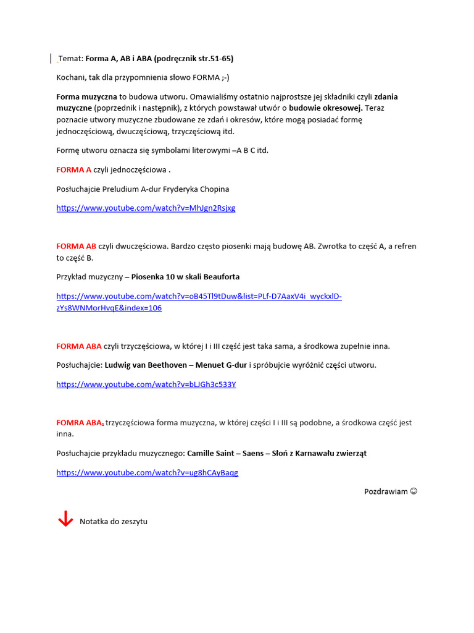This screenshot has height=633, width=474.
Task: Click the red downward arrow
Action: [x=65, y=519]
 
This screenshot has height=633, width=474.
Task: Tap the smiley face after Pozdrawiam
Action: [x=414, y=491]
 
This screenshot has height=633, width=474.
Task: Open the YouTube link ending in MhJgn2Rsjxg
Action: [x=146, y=208]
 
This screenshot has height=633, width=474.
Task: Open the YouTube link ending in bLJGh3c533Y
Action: [x=146, y=384]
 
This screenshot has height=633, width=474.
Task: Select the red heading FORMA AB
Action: [x=77, y=246]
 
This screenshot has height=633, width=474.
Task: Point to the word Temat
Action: [x=70, y=59]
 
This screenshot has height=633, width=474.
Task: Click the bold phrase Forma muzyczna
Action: [x=86, y=97]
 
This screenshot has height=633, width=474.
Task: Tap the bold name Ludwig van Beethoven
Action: [x=146, y=365]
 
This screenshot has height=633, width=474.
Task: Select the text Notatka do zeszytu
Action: [x=114, y=522]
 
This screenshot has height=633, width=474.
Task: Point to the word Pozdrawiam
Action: [x=386, y=491]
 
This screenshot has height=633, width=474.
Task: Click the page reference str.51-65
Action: [x=214, y=59]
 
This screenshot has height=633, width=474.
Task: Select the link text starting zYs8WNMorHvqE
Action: [x=109, y=308]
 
